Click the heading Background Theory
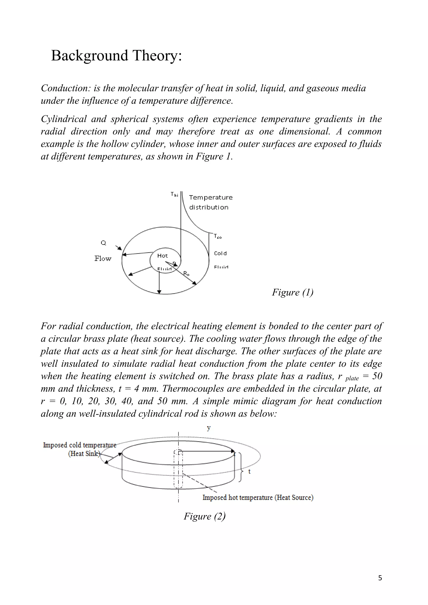(116, 56)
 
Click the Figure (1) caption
(293, 292)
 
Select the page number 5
(380, 578)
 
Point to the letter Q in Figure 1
(103, 243)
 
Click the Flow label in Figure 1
(103, 258)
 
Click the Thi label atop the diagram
(174, 194)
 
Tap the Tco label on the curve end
(218, 236)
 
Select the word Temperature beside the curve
(211, 197)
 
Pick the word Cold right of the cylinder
(220, 253)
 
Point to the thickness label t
(249, 472)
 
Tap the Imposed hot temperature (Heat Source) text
(258, 497)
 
